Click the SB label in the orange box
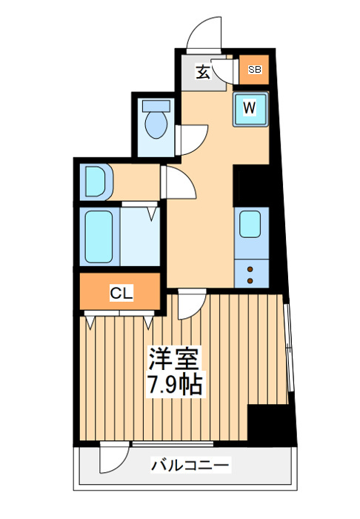[x=255, y=70]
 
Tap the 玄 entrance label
[x=203, y=72]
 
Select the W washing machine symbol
[x=250, y=109]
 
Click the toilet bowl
[x=156, y=125]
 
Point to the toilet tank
[x=156, y=105]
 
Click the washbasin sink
[x=95, y=182]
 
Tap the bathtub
[x=99, y=237]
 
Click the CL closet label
[x=121, y=293]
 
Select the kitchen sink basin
[x=250, y=224]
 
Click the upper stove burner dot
[x=250, y=268]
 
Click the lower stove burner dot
[x=250, y=281]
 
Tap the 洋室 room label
[x=174, y=359]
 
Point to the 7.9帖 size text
[x=175, y=383]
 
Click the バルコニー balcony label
[x=190, y=465]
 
